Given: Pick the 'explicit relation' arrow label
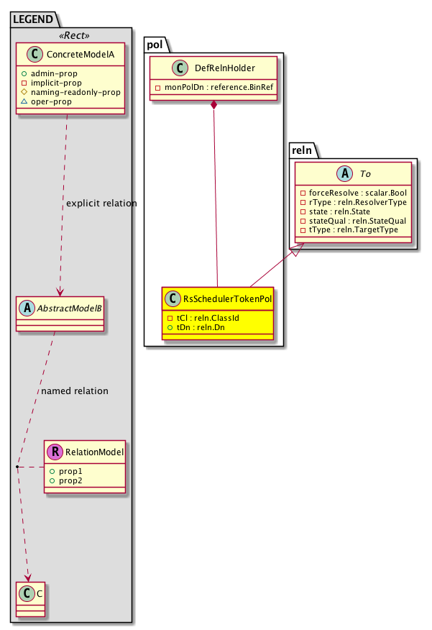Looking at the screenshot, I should [x=101, y=204].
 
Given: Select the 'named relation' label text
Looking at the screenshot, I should [x=75, y=391].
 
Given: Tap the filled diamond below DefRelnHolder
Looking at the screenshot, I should [x=214, y=106].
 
